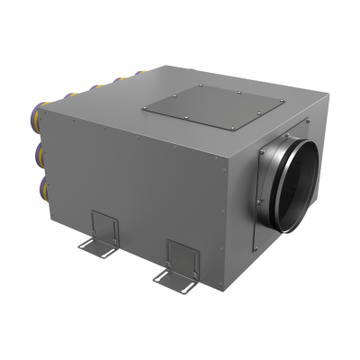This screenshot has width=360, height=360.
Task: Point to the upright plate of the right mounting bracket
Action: pos(178,251)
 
